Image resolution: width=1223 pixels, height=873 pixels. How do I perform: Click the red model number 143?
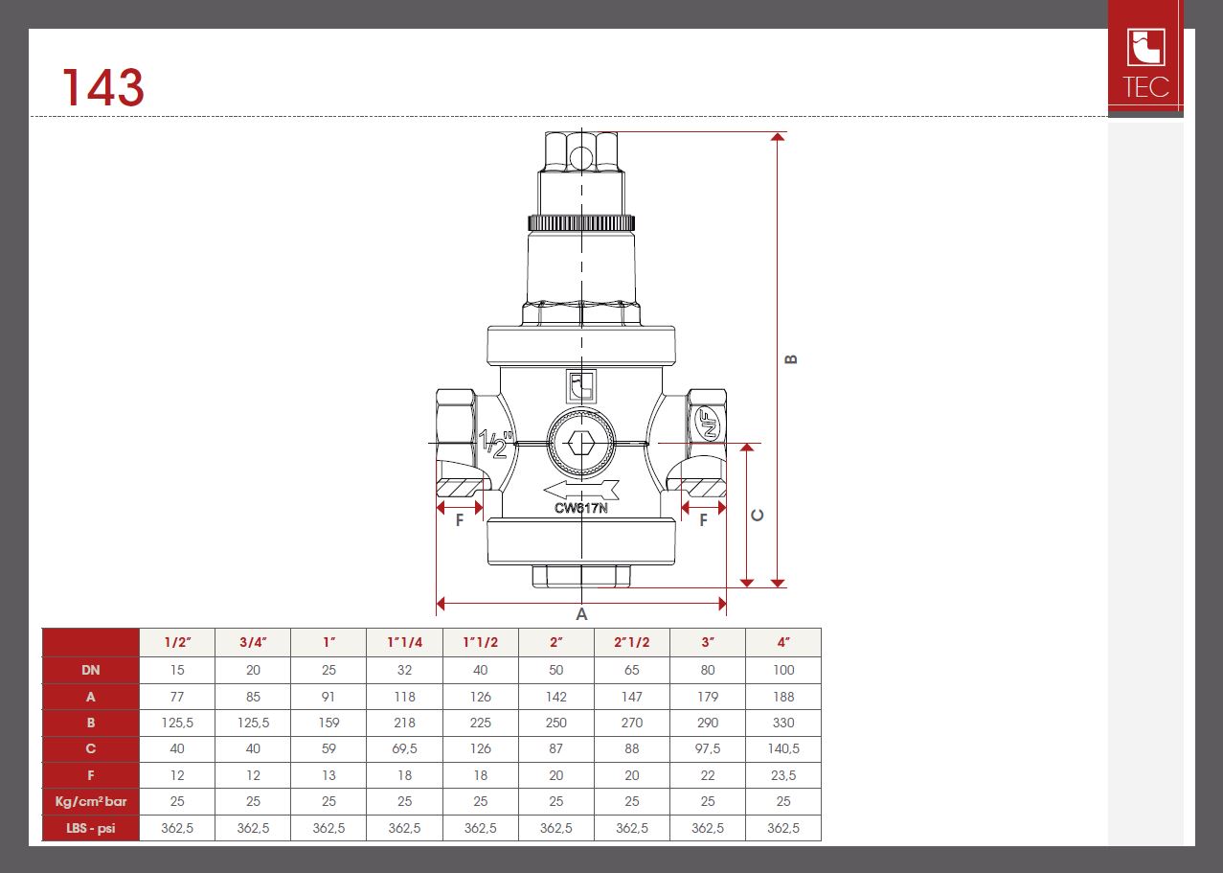coord(102,87)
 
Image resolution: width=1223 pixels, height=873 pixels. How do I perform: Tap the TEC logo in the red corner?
coord(1145,63)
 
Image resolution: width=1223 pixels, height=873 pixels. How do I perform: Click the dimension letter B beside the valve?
coord(791,359)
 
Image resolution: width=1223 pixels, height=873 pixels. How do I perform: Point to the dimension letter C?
coord(758,515)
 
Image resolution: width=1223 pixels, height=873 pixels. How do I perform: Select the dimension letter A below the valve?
coord(581,614)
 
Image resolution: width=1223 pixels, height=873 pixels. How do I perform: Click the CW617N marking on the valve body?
coord(581,508)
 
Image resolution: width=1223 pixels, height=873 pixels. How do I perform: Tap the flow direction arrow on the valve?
coord(581,490)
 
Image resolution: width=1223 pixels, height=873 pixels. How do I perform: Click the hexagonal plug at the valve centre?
coord(581,443)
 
